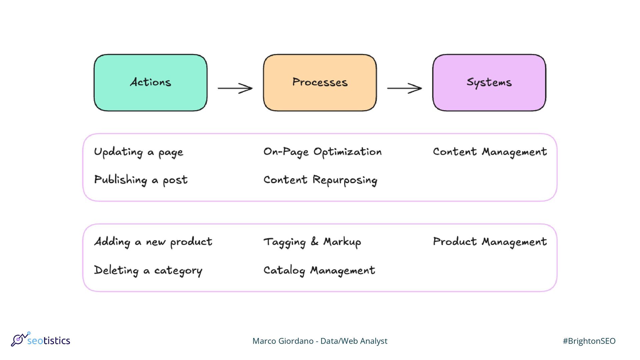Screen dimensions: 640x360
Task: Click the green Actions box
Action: coord(150,83)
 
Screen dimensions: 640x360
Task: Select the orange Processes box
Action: coord(320,83)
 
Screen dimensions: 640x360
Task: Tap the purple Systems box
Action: coord(489,83)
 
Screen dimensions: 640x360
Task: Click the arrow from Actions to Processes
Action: coord(235,88)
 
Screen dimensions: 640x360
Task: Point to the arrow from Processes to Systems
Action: coord(404,88)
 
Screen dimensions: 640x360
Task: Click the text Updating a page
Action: coord(139,152)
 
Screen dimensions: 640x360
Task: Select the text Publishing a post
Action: coord(141,180)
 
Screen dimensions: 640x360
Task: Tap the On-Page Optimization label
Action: coord(322,152)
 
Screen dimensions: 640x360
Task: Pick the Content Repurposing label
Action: coord(320,180)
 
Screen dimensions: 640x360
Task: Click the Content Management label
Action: coord(490,152)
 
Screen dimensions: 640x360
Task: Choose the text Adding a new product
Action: coord(153,242)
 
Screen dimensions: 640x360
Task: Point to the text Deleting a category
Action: coord(148,270)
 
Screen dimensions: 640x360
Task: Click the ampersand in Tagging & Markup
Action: coord(314,241)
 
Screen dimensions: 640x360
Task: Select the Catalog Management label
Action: coord(319,270)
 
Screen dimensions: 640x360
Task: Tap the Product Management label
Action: coord(490,242)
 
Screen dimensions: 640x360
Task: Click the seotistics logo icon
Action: coord(20,339)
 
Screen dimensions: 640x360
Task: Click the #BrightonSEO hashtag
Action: coord(589,341)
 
